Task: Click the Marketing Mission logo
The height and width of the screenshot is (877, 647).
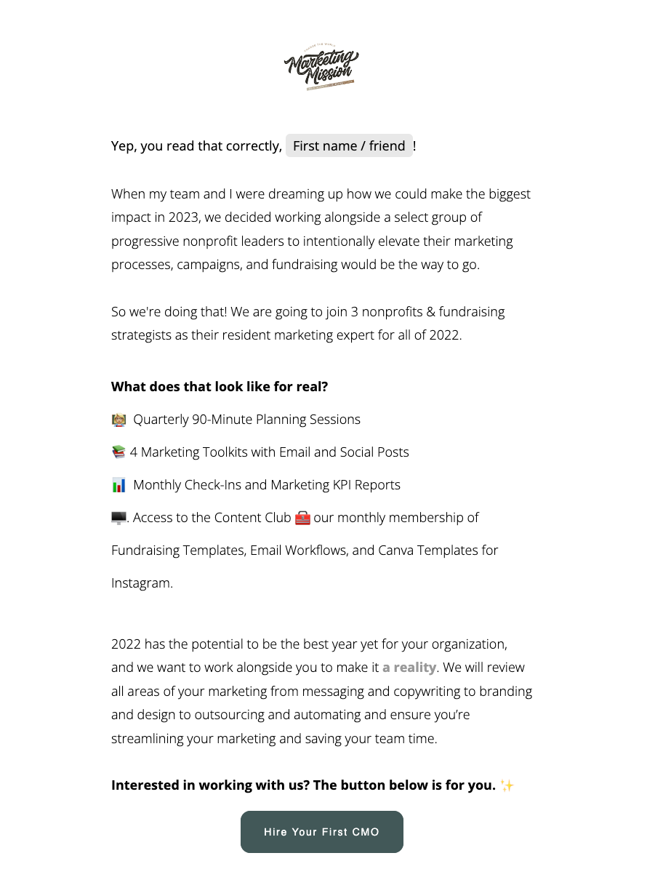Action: click(x=321, y=68)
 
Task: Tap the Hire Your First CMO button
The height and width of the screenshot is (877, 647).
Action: click(x=321, y=832)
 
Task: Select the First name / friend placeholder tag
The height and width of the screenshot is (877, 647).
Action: click(x=349, y=146)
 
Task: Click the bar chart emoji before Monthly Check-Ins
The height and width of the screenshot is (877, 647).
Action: click(x=118, y=485)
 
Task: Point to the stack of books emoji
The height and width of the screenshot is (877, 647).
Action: click(x=118, y=452)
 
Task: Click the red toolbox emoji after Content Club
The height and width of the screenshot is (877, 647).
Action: click(x=302, y=518)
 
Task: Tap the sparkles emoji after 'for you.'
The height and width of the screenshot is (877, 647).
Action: click(x=507, y=785)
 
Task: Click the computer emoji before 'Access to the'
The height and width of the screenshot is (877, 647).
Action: click(x=118, y=518)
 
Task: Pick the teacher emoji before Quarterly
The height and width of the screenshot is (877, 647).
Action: click(x=118, y=420)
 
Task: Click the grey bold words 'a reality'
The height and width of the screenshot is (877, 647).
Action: click(x=409, y=668)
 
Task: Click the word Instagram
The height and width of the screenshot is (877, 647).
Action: click(x=141, y=583)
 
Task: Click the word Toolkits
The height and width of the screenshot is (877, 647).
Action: click(x=220, y=452)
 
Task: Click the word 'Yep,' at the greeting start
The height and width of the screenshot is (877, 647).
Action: click(x=124, y=146)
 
